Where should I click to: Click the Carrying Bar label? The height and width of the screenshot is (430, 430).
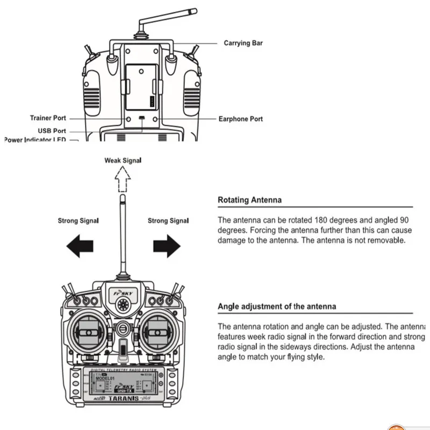pos(243,43)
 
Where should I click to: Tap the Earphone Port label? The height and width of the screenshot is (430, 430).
pos(240,119)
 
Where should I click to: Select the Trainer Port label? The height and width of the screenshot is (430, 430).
pos(48,118)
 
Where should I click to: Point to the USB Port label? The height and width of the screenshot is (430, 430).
pos(52,131)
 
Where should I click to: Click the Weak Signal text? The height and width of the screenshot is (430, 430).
pos(123,160)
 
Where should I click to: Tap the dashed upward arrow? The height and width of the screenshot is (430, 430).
pos(123,179)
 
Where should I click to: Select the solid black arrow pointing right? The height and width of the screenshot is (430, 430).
pos(167,246)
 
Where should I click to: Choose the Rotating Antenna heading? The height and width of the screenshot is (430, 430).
pos(249,200)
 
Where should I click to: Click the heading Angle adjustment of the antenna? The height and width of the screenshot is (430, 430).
pos(277,306)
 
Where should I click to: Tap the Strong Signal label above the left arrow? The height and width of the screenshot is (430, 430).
pos(78,221)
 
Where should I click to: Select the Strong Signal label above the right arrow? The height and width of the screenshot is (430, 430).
pos(168,221)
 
